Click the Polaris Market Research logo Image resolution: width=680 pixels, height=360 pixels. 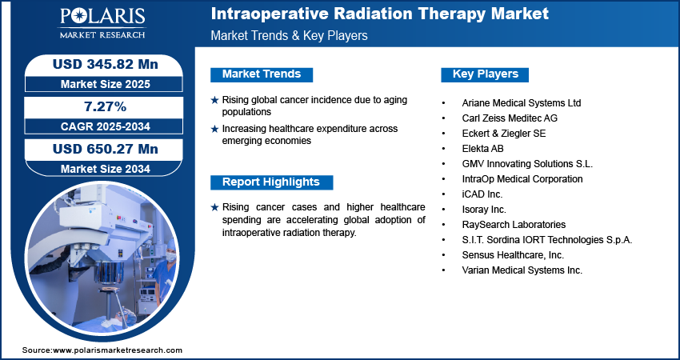pyautogui.click(x=102, y=23)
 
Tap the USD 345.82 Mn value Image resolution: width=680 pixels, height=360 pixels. pyautogui.click(x=106, y=64)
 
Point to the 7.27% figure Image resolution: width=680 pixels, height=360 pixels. pyautogui.click(x=105, y=106)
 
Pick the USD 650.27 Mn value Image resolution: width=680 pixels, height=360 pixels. pyautogui.click(x=106, y=149)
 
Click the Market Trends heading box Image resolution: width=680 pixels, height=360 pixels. pyautogui.click(x=262, y=74)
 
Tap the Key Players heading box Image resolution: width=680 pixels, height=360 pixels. pyautogui.click(x=485, y=74)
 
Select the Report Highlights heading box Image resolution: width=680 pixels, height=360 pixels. pyautogui.click(x=271, y=182)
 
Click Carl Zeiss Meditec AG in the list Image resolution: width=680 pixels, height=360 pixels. pyautogui.click(x=510, y=118)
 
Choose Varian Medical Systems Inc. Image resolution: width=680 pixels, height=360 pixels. pyautogui.click(x=522, y=270)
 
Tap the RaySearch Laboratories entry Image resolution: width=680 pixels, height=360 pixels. pyautogui.click(x=514, y=224)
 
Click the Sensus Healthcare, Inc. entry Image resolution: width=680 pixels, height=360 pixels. pyautogui.click(x=513, y=254)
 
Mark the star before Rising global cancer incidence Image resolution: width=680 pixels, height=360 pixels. pyautogui.click(x=214, y=100)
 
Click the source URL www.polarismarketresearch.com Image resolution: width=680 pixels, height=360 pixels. pyautogui.click(x=118, y=350)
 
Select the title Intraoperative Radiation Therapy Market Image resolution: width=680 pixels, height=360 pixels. pyautogui.click(x=379, y=14)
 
